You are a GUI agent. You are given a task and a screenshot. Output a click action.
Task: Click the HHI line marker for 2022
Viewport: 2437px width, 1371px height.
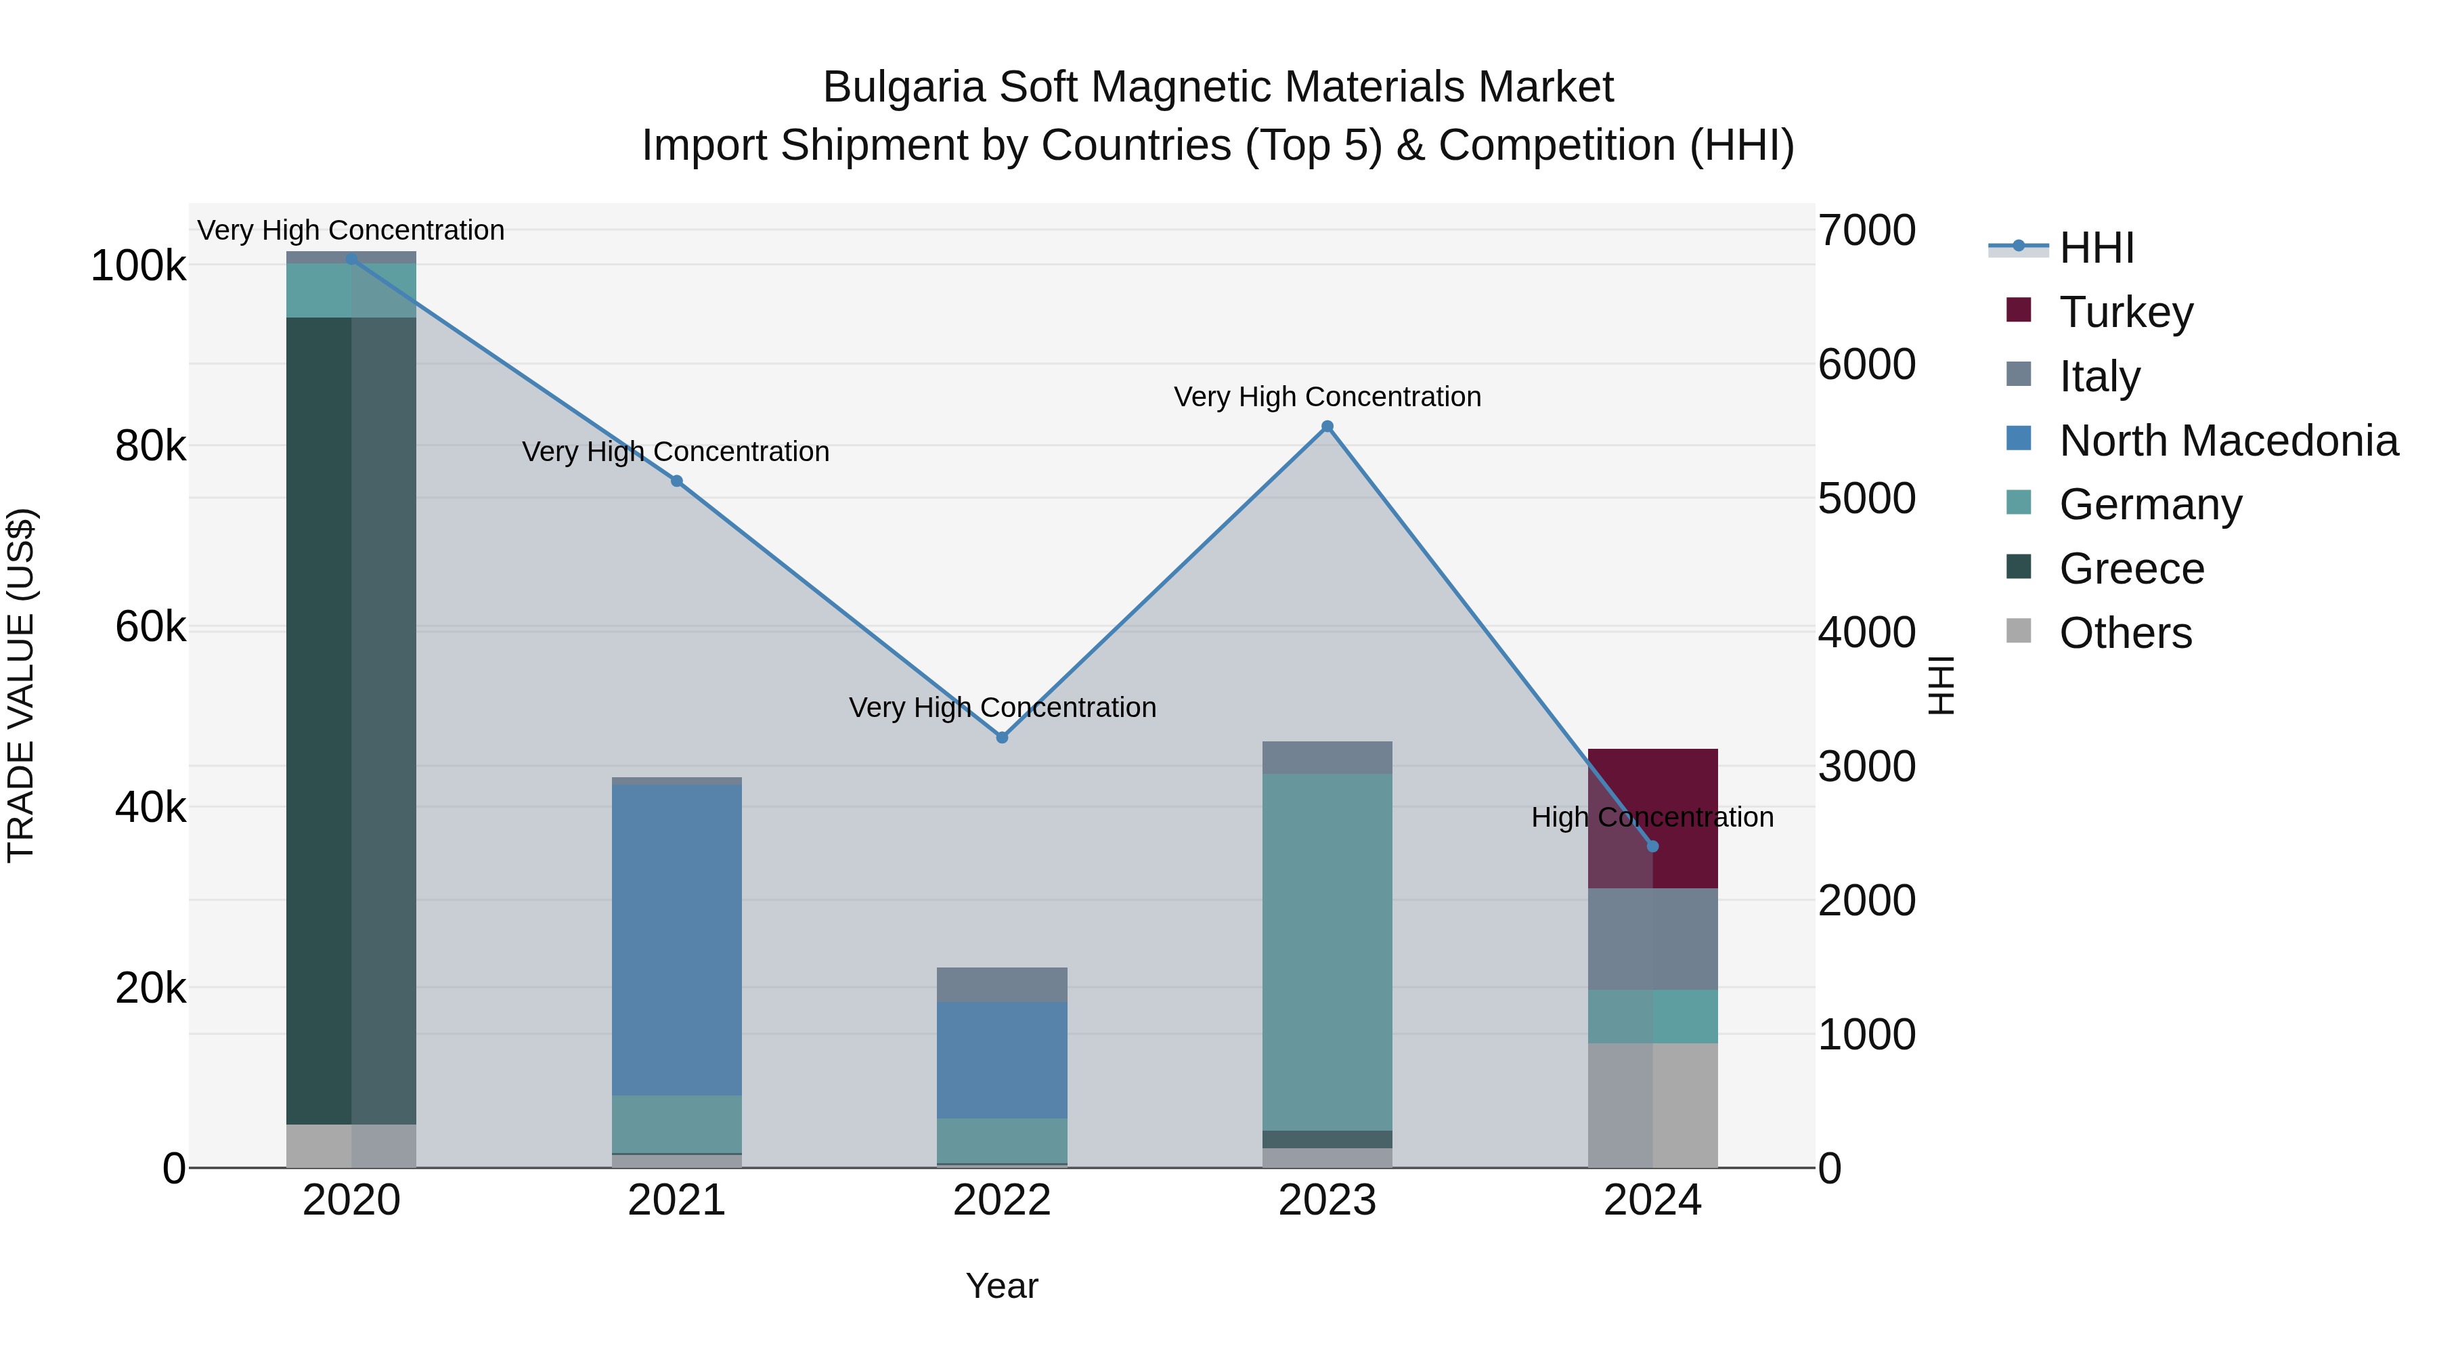[x=1002, y=737]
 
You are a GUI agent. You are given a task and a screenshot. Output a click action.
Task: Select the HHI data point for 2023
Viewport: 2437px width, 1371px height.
[x=1327, y=427]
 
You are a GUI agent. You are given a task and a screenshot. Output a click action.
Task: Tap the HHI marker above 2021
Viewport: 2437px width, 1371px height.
[x=676, y=481]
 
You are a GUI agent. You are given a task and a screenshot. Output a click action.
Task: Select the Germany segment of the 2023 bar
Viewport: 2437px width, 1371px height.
[x=1327, y=951]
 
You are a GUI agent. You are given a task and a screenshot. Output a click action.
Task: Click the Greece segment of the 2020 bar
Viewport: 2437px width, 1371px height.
[x=351, y=719]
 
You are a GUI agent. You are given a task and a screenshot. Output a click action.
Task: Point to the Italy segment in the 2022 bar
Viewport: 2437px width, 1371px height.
[x=1002, y=984]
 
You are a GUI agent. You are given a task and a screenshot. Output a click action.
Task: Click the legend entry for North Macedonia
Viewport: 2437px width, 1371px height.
[x=2228, y=441]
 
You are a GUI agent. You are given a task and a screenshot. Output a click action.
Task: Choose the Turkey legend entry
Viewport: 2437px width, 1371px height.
[x=2126, y=312]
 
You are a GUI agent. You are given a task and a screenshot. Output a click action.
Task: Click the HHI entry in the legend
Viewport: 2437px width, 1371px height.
[x=2096, y=248]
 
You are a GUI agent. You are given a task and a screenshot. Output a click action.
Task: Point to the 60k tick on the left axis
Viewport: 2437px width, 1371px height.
[x=150, y=628]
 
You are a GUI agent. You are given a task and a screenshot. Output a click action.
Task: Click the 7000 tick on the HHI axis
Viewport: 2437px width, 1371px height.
[x=1866, y=231]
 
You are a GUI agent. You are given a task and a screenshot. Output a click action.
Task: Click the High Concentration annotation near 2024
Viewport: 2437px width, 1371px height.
[x=1652, y=817]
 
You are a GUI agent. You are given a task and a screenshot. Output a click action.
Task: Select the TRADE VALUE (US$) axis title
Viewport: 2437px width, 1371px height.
[x=21, y=685]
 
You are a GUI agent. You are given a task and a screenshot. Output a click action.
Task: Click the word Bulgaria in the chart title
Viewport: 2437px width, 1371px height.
[x=904, y=87]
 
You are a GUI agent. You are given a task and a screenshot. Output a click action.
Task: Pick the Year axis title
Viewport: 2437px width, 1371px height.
[x=1002, y=1286]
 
